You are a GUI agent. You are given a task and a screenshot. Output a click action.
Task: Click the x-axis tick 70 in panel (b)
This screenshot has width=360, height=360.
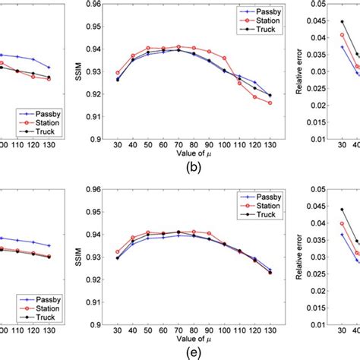click(x=179, y=144)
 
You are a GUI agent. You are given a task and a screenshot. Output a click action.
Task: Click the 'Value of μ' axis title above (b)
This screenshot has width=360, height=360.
click(x=179, y=154)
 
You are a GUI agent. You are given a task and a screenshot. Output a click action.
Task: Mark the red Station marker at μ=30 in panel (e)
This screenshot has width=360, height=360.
click(x=117, y=252)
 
